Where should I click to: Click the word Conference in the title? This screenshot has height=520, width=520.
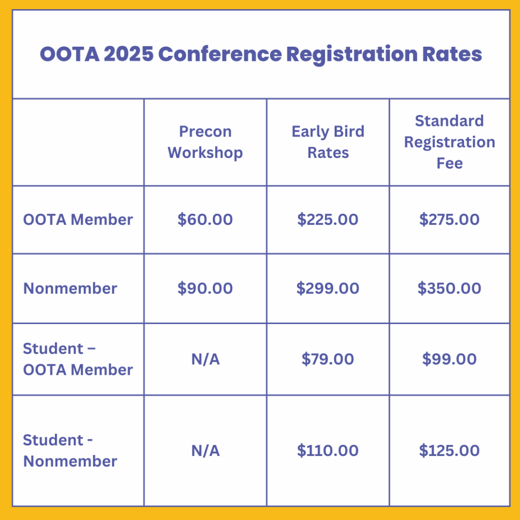coord(220,54)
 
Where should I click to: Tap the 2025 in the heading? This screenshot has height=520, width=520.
coord(128,54)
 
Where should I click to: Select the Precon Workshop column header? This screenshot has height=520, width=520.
coord(205,142)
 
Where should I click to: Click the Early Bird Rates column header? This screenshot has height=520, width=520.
coord(328,142)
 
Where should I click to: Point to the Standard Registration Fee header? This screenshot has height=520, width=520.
coord(449,142)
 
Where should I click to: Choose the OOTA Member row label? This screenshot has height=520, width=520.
coord(78,219)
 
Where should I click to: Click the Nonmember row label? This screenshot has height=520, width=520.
coord(70,288)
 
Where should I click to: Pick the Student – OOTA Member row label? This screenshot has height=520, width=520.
coord(78,359)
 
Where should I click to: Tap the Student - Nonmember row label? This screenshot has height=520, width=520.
coord(70,451)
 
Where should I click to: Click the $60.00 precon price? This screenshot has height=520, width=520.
coord(205,219)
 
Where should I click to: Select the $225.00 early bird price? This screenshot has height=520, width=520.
coord(328,219)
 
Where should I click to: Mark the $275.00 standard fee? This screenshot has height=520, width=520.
coord(449,219)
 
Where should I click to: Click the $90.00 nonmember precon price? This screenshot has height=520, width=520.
coord(205,288)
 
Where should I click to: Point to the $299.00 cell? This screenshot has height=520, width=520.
coord(328,288)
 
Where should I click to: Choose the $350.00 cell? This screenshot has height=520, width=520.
coord(449,288)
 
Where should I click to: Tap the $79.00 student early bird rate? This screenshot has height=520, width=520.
coord(328,359)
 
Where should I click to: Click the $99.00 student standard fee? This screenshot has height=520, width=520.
coord(449,359)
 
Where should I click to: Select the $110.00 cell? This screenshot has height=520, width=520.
coord(328,451)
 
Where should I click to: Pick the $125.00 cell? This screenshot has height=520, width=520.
coord(449,451)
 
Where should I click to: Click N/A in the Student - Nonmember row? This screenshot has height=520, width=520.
coord(205,451)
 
